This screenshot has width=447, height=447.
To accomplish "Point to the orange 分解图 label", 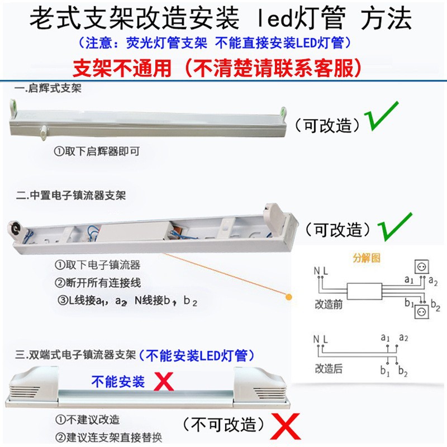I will coord(365,258).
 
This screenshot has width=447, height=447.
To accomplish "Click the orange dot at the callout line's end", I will coord(288,297).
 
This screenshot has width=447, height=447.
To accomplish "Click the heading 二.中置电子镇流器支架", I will coord(70,196).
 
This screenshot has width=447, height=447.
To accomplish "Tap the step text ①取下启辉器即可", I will coord(96,151).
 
